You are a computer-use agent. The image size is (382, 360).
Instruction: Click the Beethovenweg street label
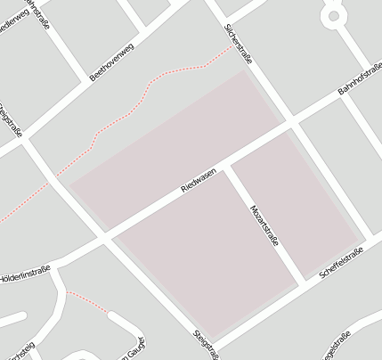(x=111, y=61)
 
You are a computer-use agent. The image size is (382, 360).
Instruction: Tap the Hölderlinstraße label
(x=25, y=274)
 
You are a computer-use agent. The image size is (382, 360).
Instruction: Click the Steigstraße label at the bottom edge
(x=206, y=346)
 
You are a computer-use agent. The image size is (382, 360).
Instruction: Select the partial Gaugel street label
(x=132, y=351)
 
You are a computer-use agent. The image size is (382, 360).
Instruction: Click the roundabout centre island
(x=334, y=15)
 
